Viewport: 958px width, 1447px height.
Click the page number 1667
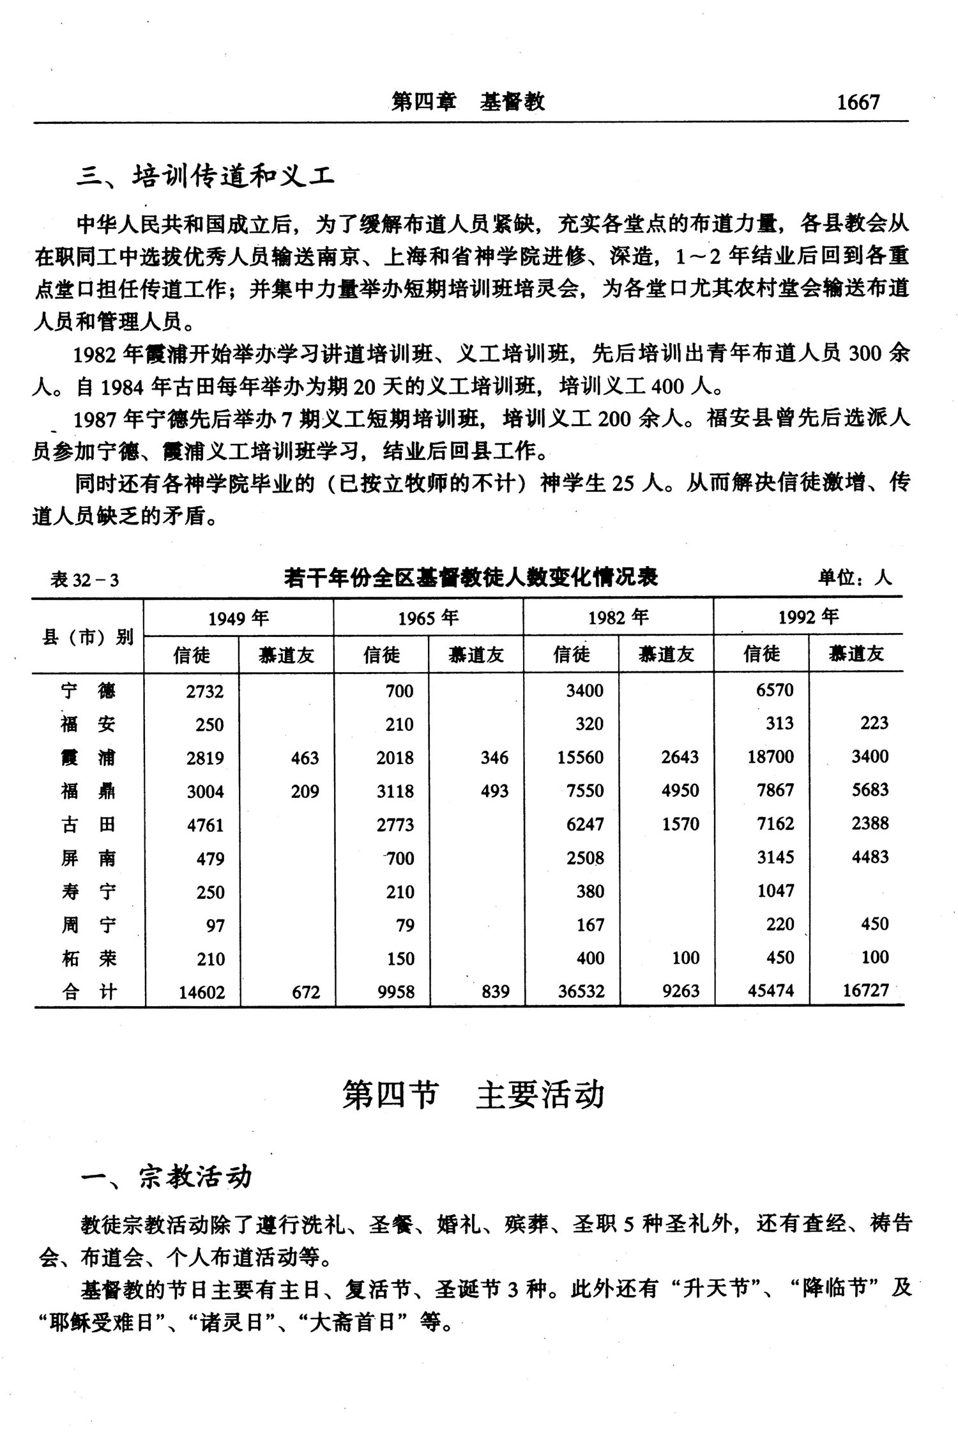[x=858, y=102]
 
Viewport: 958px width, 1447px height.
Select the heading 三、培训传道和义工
[x=206, y=176]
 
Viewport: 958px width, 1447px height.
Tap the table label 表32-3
[x=84, y=580]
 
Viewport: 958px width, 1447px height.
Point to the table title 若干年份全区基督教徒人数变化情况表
[x=471, y=578]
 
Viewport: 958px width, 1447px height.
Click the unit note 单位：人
[x=855, y=578]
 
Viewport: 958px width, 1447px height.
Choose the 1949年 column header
[x=238, y=618]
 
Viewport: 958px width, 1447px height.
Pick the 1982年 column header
[x=618, y=618]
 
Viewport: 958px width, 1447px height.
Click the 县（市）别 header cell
[x=87, y=636]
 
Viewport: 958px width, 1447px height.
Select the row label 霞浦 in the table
[x=88, y=758]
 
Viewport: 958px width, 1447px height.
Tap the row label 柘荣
[x=88, y=958]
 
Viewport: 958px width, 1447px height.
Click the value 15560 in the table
[x=580, y=758]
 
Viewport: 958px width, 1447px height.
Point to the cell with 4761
[x=205, y=825]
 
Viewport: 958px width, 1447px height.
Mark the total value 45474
[x=771, y=991]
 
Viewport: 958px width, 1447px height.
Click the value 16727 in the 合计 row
[x=865, y=991]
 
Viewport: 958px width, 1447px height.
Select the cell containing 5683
[x=870, y=791]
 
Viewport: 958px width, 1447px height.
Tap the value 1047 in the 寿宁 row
[x=775, y=891]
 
